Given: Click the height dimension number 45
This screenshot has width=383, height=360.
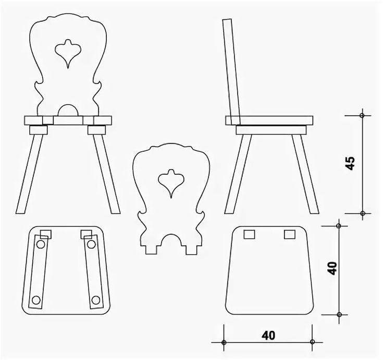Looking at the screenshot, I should [x=350, y=163].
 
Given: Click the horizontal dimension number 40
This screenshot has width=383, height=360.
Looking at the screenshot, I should [x=268, y=335].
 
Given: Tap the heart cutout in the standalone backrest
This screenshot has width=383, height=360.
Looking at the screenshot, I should [x=169, y=181].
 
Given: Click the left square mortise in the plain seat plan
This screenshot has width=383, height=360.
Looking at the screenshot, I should [x=249, y=234].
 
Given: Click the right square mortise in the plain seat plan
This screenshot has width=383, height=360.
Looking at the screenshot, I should [x=289, y=234].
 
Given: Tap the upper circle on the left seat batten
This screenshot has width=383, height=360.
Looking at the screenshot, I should [x=41, y=244].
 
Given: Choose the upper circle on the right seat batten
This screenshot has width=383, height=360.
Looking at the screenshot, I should [x=92, y=244].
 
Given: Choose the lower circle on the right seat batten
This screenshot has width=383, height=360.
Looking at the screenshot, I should [x=95, y=300].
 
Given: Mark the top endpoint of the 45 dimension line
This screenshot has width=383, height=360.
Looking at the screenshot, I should [x=362, y=115].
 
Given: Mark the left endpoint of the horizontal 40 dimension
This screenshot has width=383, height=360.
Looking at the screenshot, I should [x=224, y=342].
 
